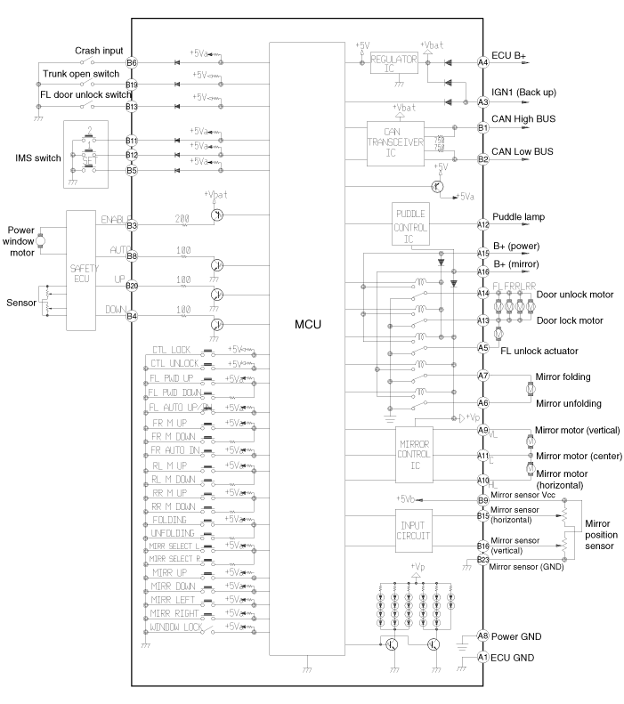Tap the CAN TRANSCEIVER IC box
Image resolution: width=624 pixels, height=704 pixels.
tap(399, 143)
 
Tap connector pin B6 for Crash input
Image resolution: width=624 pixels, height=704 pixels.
tap(132, 63)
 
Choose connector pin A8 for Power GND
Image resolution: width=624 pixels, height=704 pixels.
tap(483, 635)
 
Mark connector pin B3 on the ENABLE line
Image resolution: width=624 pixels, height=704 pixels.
tap(132, 226)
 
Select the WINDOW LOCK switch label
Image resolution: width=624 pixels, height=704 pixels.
tap(175, 628)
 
